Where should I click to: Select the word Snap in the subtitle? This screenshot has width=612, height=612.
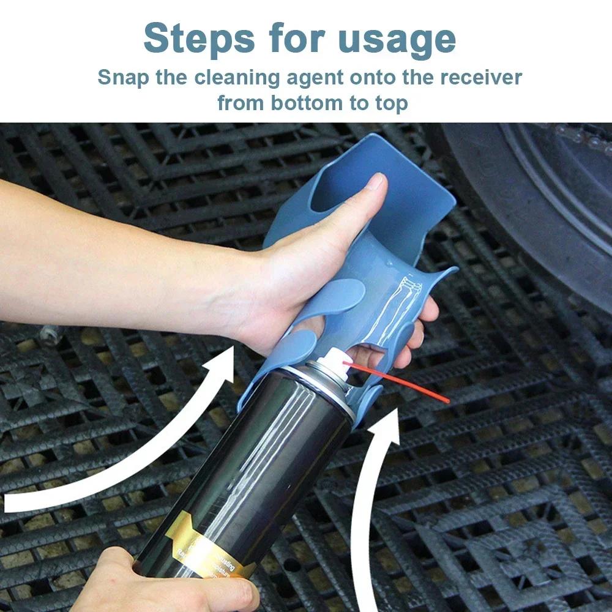coord(122,78)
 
